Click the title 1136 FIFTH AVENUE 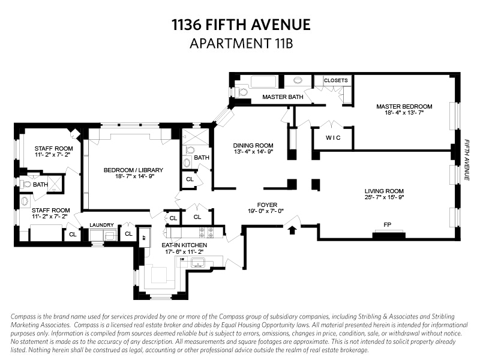pos(241,25)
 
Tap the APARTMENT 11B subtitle pos(241,43)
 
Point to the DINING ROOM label pos(253,145)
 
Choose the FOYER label pos(266,204)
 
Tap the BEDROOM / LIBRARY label pos(133,170)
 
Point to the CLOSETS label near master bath pos(336,80)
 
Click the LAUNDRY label pos(101,225)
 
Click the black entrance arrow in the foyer pos(292,229)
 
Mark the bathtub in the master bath pos(262,82)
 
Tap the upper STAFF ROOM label pos(54,148)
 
